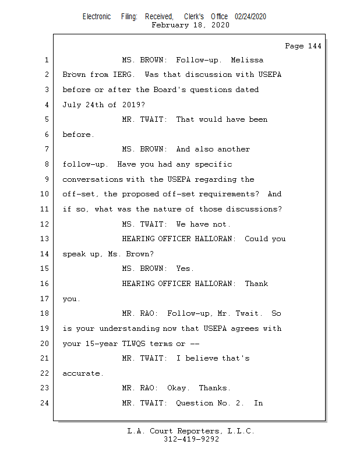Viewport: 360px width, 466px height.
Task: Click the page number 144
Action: (315, 46)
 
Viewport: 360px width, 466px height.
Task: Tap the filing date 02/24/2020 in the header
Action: (250, 16)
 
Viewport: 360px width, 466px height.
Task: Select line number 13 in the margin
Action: (44, 239)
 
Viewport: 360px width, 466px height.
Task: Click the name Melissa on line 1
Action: (247, 60)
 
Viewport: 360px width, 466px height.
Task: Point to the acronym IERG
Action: (123, 75)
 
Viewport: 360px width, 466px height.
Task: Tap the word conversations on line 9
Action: (93, 179)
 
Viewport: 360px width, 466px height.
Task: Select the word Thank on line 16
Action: (256, 284)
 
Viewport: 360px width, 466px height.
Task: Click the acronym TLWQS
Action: (134, 344)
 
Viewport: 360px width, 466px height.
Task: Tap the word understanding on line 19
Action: (129, 329)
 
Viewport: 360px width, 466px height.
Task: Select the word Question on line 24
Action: (195, 403)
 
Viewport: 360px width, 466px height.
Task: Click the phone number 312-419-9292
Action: (192, 439)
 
